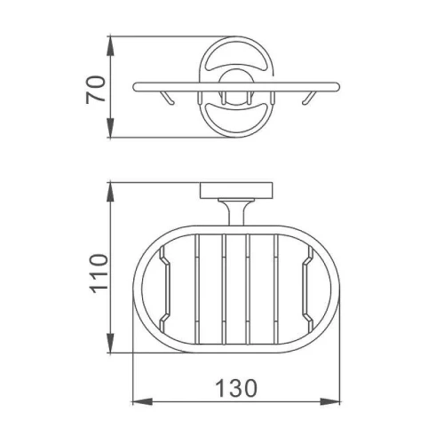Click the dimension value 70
coord(96,90)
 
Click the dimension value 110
coord(99,274)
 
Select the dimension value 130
coord(236,388)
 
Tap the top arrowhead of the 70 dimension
coord(110,45)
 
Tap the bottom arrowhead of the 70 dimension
coord(110,128)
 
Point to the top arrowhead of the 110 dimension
coord(110,193)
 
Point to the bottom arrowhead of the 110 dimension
coord(110,343)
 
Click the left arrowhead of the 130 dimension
coord(142,401)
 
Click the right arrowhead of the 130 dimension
coord(330,401)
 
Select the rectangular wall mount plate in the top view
coord(236,191)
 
